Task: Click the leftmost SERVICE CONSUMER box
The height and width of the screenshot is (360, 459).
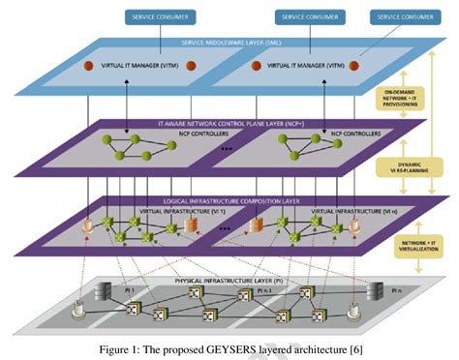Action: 161,17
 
